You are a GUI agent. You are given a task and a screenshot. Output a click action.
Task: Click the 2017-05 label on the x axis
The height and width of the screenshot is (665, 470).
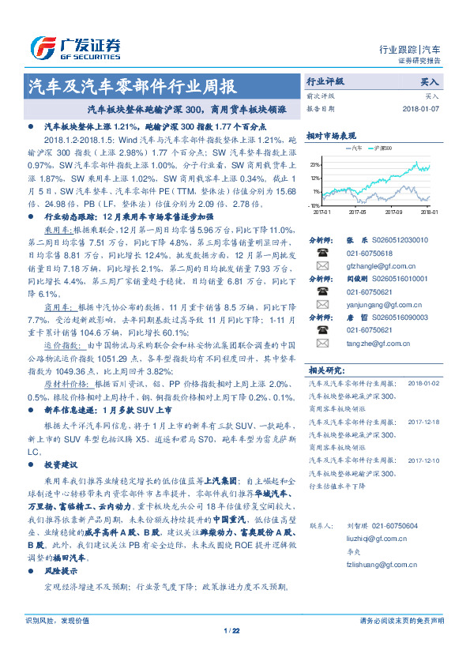coord(358,212)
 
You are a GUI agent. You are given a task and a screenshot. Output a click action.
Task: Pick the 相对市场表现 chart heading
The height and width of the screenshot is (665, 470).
coord(325,135)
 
